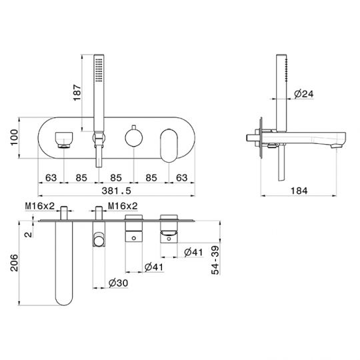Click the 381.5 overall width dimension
coord(116,191)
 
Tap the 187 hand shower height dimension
coord(77,93)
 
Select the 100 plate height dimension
coord(14,137)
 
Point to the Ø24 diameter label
coord(304,94)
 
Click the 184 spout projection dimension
coord(299,191)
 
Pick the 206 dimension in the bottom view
coord(14,263)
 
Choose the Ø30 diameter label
coord(118,283)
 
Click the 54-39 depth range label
coord(215,260)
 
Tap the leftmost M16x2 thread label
coord(40,206)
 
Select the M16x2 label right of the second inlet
coord(123,206)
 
